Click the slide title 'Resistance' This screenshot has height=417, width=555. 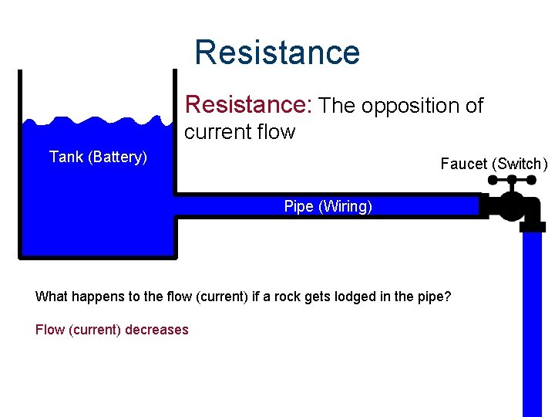click(277, 53)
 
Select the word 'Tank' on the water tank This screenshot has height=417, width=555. click(66, 158)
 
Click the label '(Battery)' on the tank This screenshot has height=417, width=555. click(117, 158)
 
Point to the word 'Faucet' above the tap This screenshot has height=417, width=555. click(465, 164)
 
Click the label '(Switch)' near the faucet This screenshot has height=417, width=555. click(520, 164)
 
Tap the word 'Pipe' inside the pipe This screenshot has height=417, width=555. click(298, 206)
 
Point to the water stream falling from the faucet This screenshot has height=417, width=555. click(533, 324)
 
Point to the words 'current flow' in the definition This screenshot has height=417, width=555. click(239, 132)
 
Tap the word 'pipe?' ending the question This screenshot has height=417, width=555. click(434, 297)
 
